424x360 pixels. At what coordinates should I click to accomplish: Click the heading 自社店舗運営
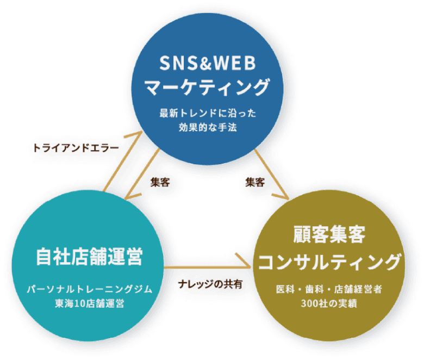(89, 256)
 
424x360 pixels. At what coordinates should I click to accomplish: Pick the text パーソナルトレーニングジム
(89, 288)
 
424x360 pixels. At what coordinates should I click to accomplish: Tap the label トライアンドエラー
(76, 147)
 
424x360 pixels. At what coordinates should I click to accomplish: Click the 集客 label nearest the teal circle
(160, 183)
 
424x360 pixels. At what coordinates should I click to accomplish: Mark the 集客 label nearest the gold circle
(254, 182)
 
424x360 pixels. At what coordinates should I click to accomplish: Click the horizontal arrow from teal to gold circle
(207, 267)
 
